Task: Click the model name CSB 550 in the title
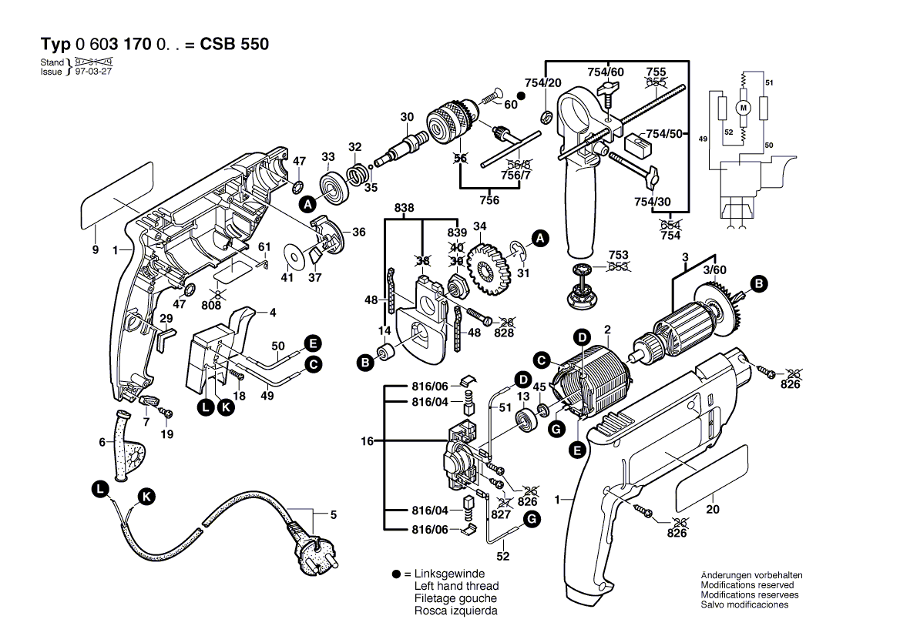click(x=234, y=45)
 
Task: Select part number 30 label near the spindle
click(x=407, y=117)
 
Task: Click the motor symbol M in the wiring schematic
click(x=744, y=109)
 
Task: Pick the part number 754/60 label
click(x=605, y=72)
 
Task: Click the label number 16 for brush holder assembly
click(x=367, y=441)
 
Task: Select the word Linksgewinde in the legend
click(x=449, y=574)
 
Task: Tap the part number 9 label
click(x=95, y=249)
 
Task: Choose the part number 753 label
click(x=618, y=255)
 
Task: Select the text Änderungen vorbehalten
click(x=751, y=575)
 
